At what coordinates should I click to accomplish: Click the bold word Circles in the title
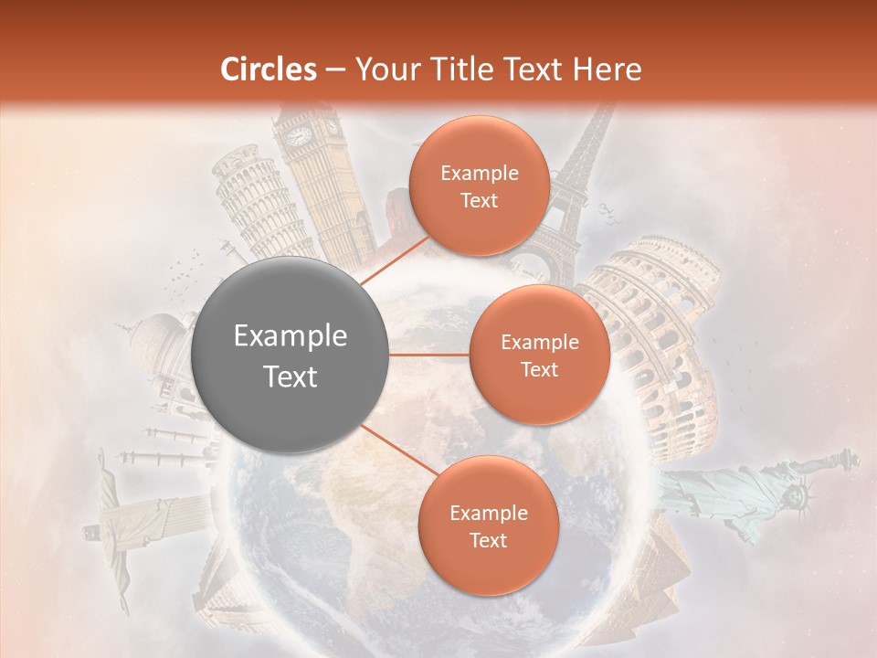tap(268, 69)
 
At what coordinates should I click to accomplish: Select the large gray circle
tap(291, 356)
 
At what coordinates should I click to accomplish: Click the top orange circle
tap(479, 186)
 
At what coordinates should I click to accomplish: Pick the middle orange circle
tap(539, 355)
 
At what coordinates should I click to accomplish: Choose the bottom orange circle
tap(488, 525)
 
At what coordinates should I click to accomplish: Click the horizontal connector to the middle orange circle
tap(429, 355)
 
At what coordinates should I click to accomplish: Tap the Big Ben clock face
tap(299, 136)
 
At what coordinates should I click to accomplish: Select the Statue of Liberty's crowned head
tap(799, 494)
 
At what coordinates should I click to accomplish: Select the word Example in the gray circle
tap(291, 336)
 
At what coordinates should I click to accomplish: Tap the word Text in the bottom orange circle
tap(488, 540)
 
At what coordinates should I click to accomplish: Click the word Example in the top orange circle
tap(479, 174)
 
